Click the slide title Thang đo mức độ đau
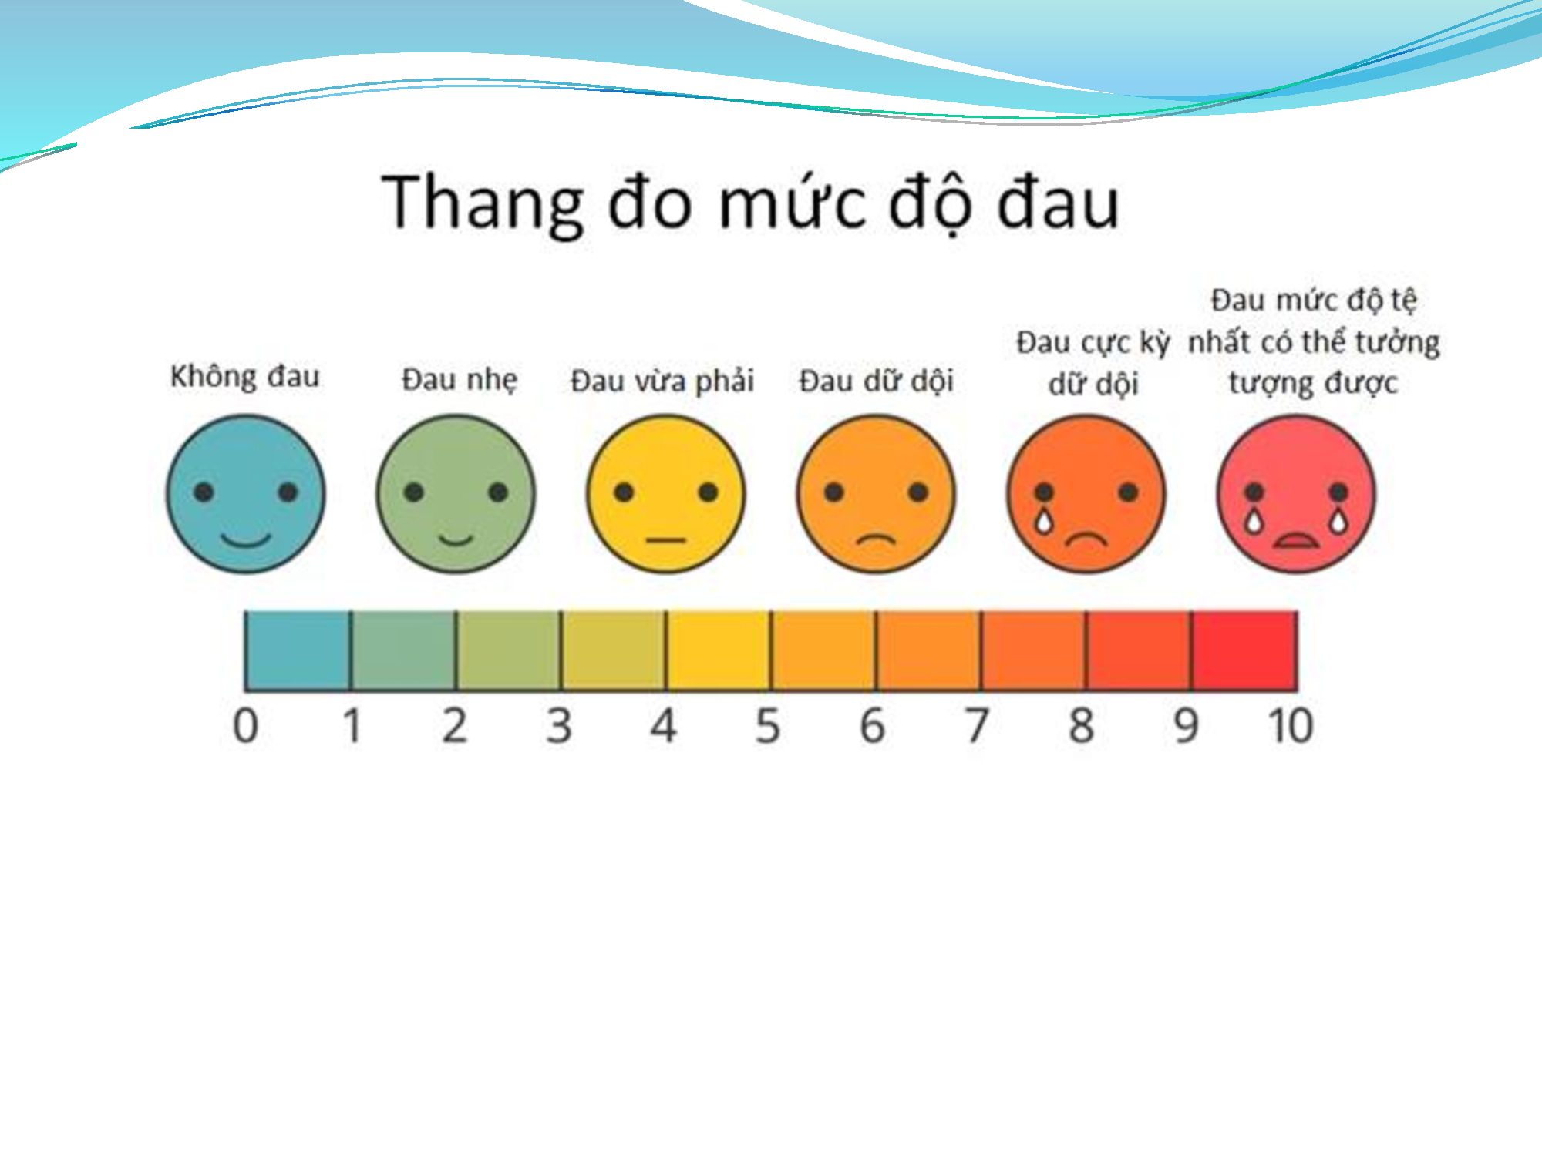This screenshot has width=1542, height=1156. (x=749, y=203)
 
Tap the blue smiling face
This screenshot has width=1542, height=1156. (x=246, y=494)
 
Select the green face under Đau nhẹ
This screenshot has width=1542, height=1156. (x=456, y=494)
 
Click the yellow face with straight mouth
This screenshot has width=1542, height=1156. (x=666, y=494)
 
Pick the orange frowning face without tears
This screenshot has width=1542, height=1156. (x=876, y=494)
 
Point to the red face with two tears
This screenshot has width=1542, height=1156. (x=1296, y=494)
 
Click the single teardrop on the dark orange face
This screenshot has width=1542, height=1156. (x=1043, y=520)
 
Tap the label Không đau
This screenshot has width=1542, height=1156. (x=244, y=377)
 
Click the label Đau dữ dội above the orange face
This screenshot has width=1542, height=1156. (x=876, y=381)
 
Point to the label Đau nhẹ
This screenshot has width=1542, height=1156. (x=460, y=380)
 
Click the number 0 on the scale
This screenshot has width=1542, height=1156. (x=245, y=726)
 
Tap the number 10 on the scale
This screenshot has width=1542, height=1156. (x=1291, y=726)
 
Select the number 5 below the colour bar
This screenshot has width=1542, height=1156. (x=768, y=726)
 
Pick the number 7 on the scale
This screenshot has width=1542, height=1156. (x=977, y=726)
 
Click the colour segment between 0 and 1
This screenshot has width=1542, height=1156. (x=298, y=650)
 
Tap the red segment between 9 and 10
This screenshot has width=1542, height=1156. (x=1244, y=650)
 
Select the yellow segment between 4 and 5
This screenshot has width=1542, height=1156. (x=719, y=650)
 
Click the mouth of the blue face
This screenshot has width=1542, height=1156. (x=246, y=539)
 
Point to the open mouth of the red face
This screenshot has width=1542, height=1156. (x=1296, y=541)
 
